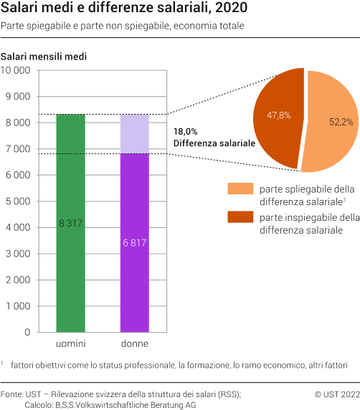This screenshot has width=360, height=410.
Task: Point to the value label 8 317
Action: [70, 204]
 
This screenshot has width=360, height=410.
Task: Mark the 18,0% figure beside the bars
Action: [185, 132]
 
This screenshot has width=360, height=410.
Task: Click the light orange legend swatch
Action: [240, 189]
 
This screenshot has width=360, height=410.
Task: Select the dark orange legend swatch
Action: [240, 217]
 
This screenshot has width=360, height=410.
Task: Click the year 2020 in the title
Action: [229, 9]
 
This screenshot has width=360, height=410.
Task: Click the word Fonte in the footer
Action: [13, 394]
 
